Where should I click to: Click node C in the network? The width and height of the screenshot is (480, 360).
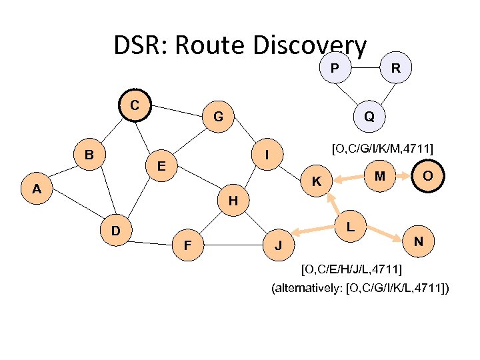[x=135, y=105]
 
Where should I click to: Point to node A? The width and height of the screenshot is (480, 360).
[x=38, y=189]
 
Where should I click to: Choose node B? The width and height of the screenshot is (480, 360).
[x=89, y=155]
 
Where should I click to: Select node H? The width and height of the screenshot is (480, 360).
[x=232, y=200]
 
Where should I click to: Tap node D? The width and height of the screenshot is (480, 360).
[x=116, y=231]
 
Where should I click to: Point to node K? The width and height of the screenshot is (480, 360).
[x=318, y=181]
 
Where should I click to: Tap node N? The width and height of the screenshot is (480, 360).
[x=418, y=240]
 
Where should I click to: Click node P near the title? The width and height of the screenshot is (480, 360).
[x=334, y=68]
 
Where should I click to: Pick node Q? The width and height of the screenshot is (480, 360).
[x=369, y=117]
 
